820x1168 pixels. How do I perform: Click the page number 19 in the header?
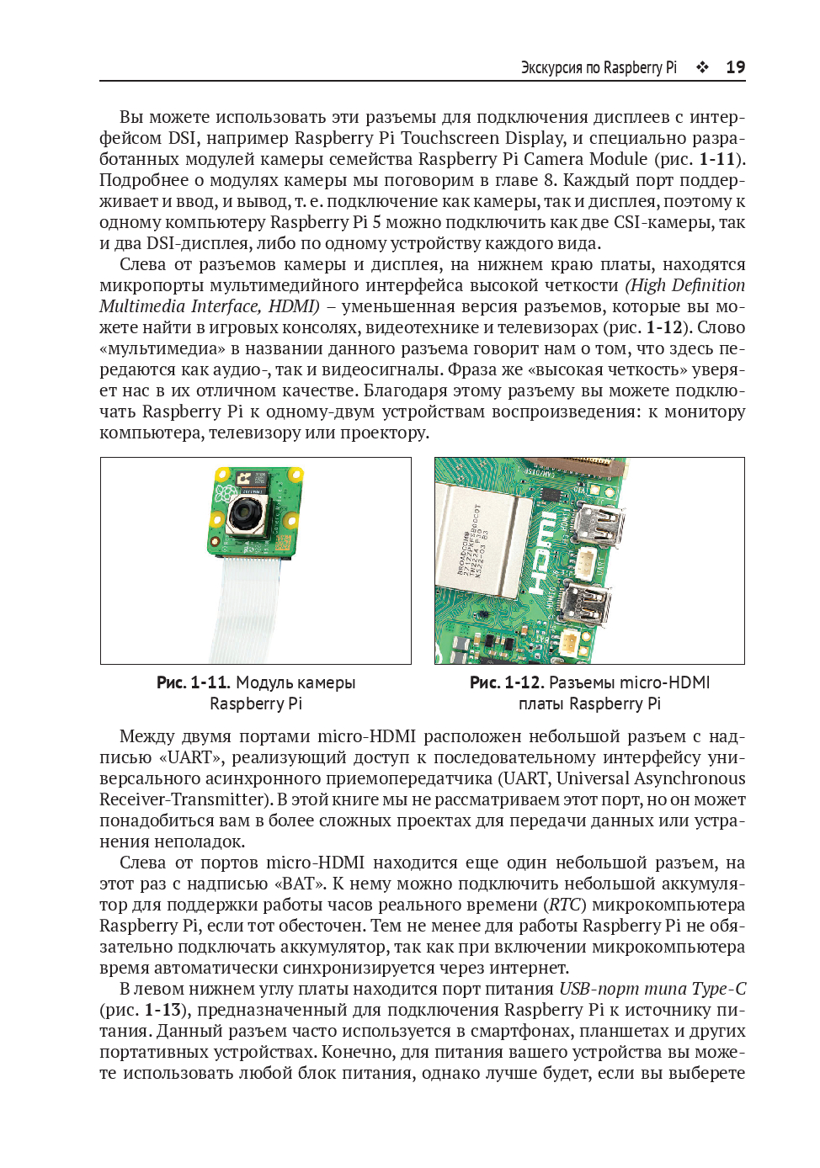click(x=735, y=67)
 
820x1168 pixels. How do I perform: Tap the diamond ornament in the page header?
click(x=702, y=67)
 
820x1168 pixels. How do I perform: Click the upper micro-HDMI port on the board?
click(x=599, y=524)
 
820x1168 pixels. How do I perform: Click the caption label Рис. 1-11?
click(x=193, y=682)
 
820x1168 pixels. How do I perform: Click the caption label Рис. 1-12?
click(x=506, y=682)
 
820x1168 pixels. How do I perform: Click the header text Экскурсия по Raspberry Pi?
click(x=599, y=67)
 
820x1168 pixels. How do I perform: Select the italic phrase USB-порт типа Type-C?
click(x=652, y=989)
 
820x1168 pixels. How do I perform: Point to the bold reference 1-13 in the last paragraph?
click(x=162, y=1010)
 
